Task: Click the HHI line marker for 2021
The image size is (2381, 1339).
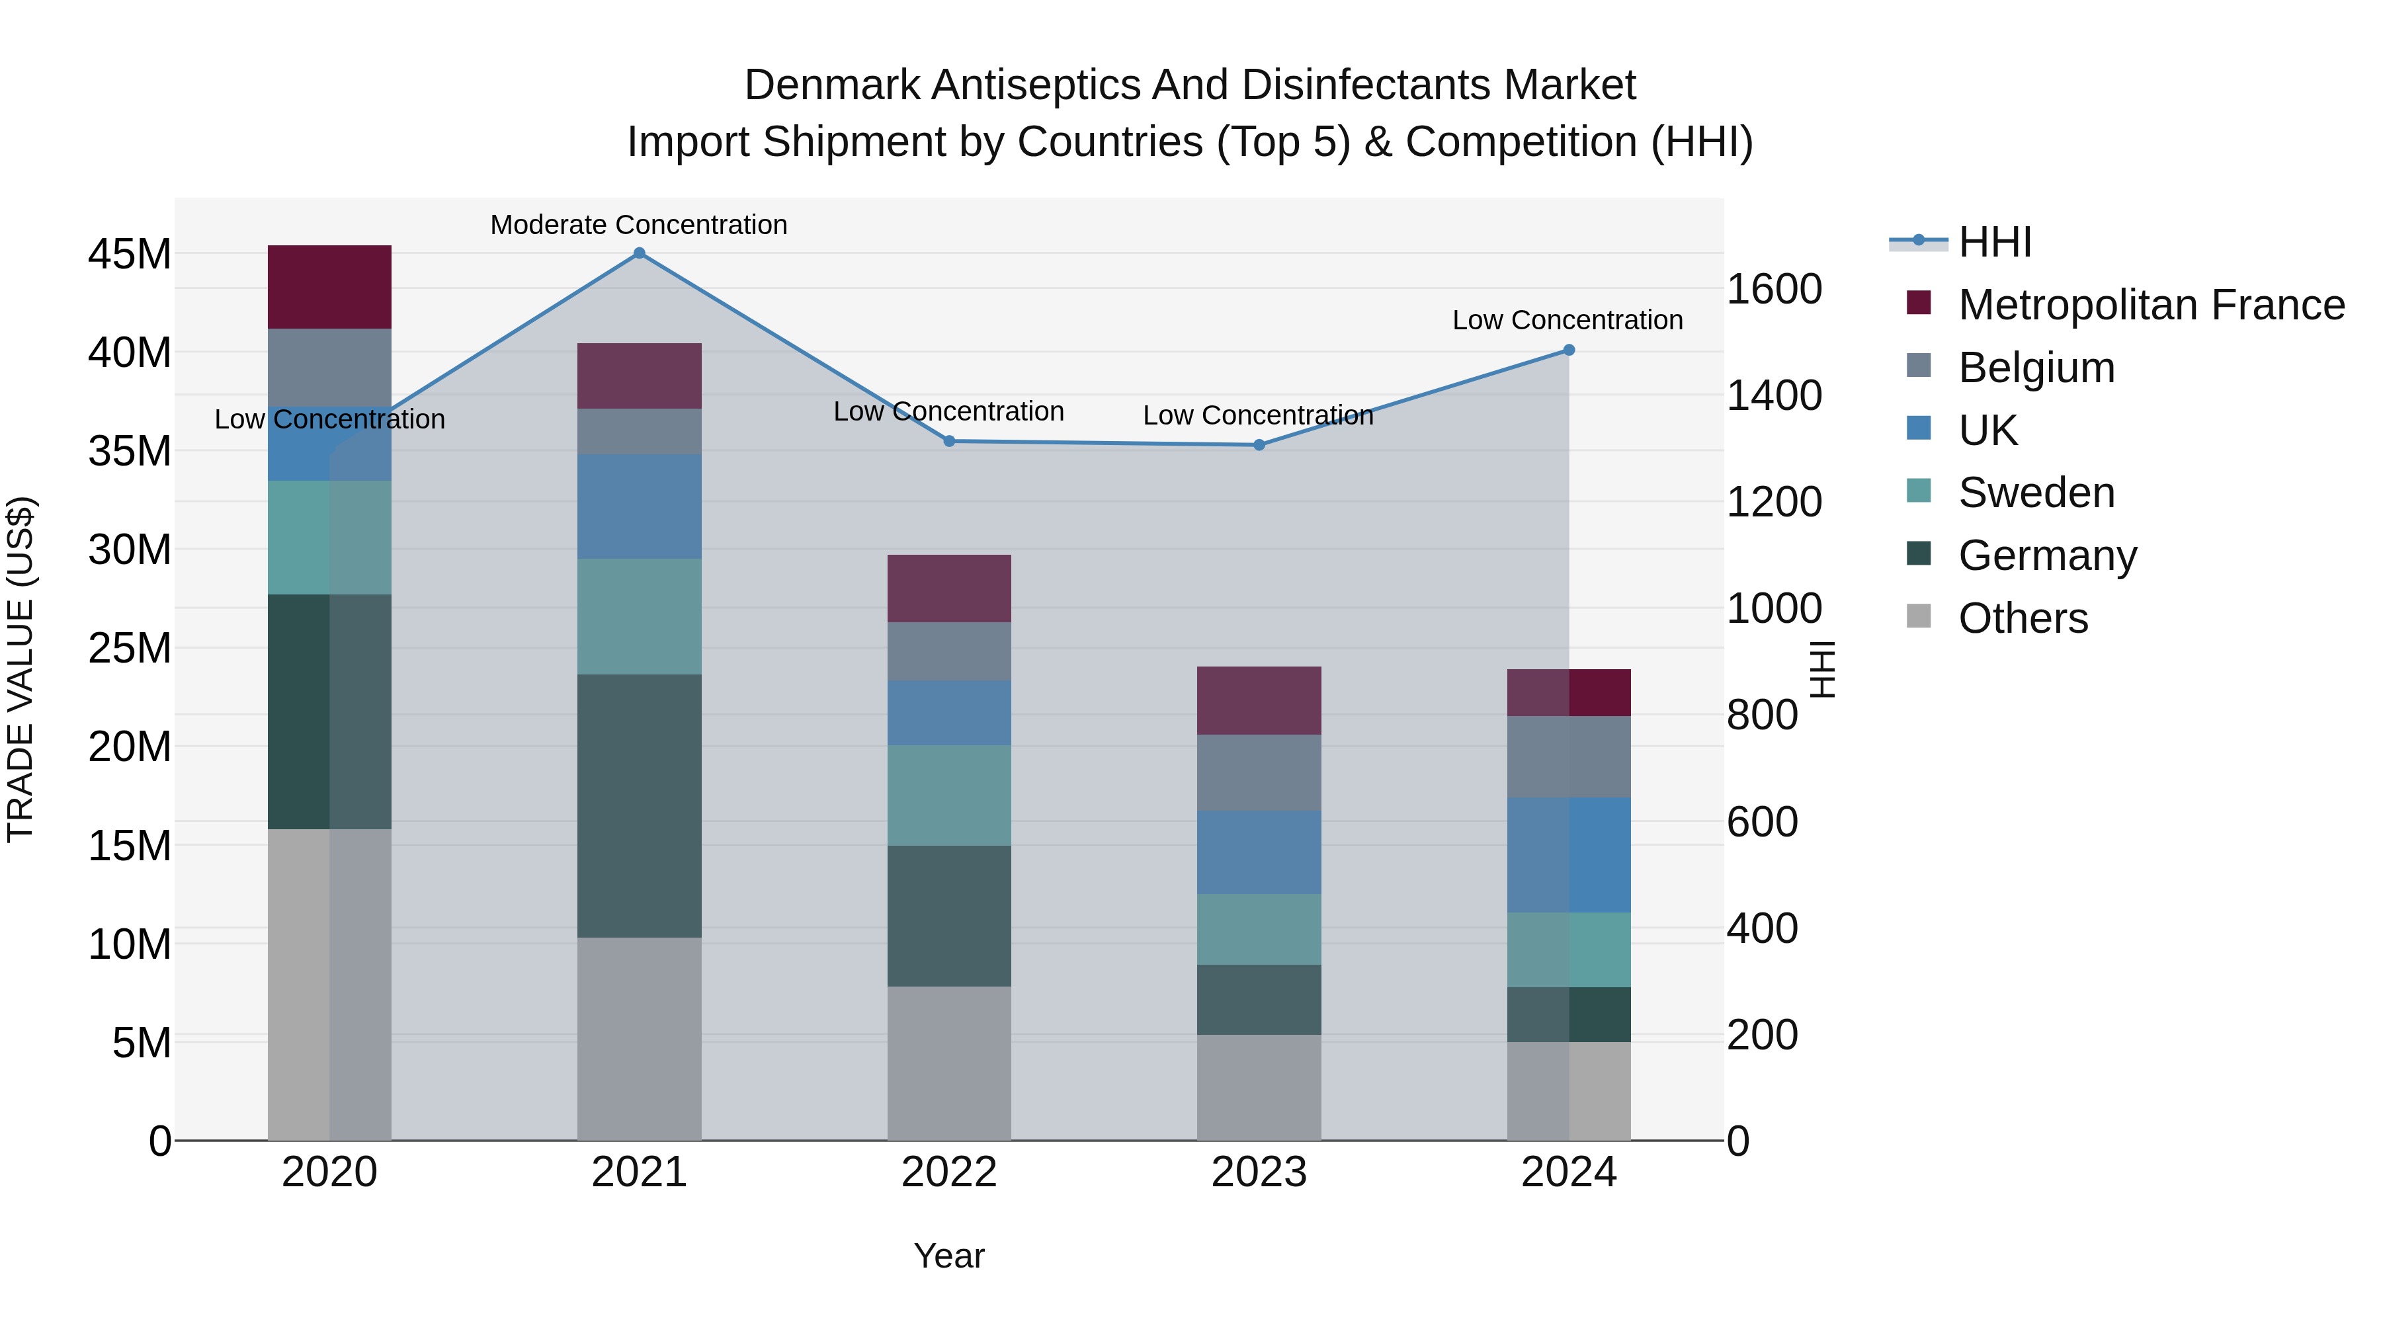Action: [x=639, y=253]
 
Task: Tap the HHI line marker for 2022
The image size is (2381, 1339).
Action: [x=949, y=442]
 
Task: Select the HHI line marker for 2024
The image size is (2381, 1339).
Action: [x=1569, y=350]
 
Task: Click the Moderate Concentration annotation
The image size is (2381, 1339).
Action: [x=639, y=225]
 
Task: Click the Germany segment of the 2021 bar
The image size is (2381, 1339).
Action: [x=639, y=806]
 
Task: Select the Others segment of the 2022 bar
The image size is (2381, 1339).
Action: [x=949, y=1063]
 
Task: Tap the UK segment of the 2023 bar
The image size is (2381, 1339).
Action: [x=1259, y=852]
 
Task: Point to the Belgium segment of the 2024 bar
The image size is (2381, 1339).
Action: [x=1569, y=757]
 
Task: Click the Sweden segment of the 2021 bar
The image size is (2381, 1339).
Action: [x=639, y=616]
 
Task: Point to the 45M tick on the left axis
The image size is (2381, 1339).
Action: [x=130, y=254]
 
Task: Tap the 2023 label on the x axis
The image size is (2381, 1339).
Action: [x=1259, y=1172]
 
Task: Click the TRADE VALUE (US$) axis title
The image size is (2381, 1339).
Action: [x=21, y=669]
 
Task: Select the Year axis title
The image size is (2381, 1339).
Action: [x=949, y=1256]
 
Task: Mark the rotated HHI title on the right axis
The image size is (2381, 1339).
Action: [x=1822, y=669]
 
